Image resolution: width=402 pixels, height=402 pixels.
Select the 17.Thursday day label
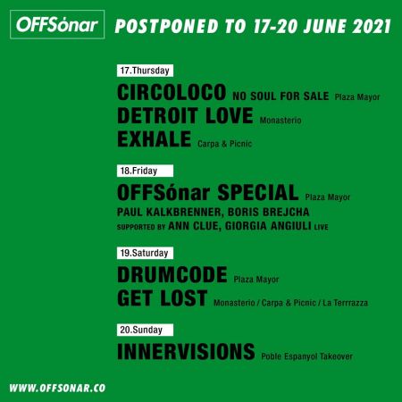tap(145, 71)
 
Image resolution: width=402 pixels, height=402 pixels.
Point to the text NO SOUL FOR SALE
tap(281, 95)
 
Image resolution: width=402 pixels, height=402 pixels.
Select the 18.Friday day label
tap(139, 170)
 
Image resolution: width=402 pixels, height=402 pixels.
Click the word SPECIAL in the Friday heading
tap(255, 192)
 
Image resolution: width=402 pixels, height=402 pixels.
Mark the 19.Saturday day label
tap(145, 254)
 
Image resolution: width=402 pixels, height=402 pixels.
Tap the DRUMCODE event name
tap(172, 276)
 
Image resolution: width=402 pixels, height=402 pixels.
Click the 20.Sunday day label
tap(141, 328)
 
